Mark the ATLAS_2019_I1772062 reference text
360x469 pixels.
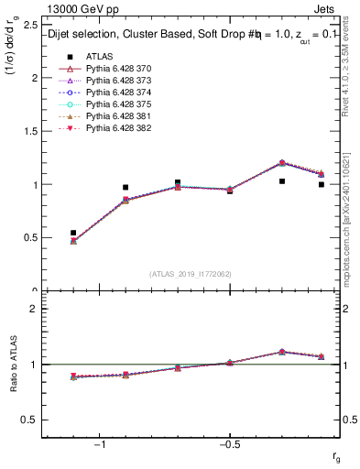click(191, 274)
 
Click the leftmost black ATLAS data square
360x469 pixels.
click(73, 233)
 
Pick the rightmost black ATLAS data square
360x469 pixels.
click(321, 184)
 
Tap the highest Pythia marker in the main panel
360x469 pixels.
click(282, 163)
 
